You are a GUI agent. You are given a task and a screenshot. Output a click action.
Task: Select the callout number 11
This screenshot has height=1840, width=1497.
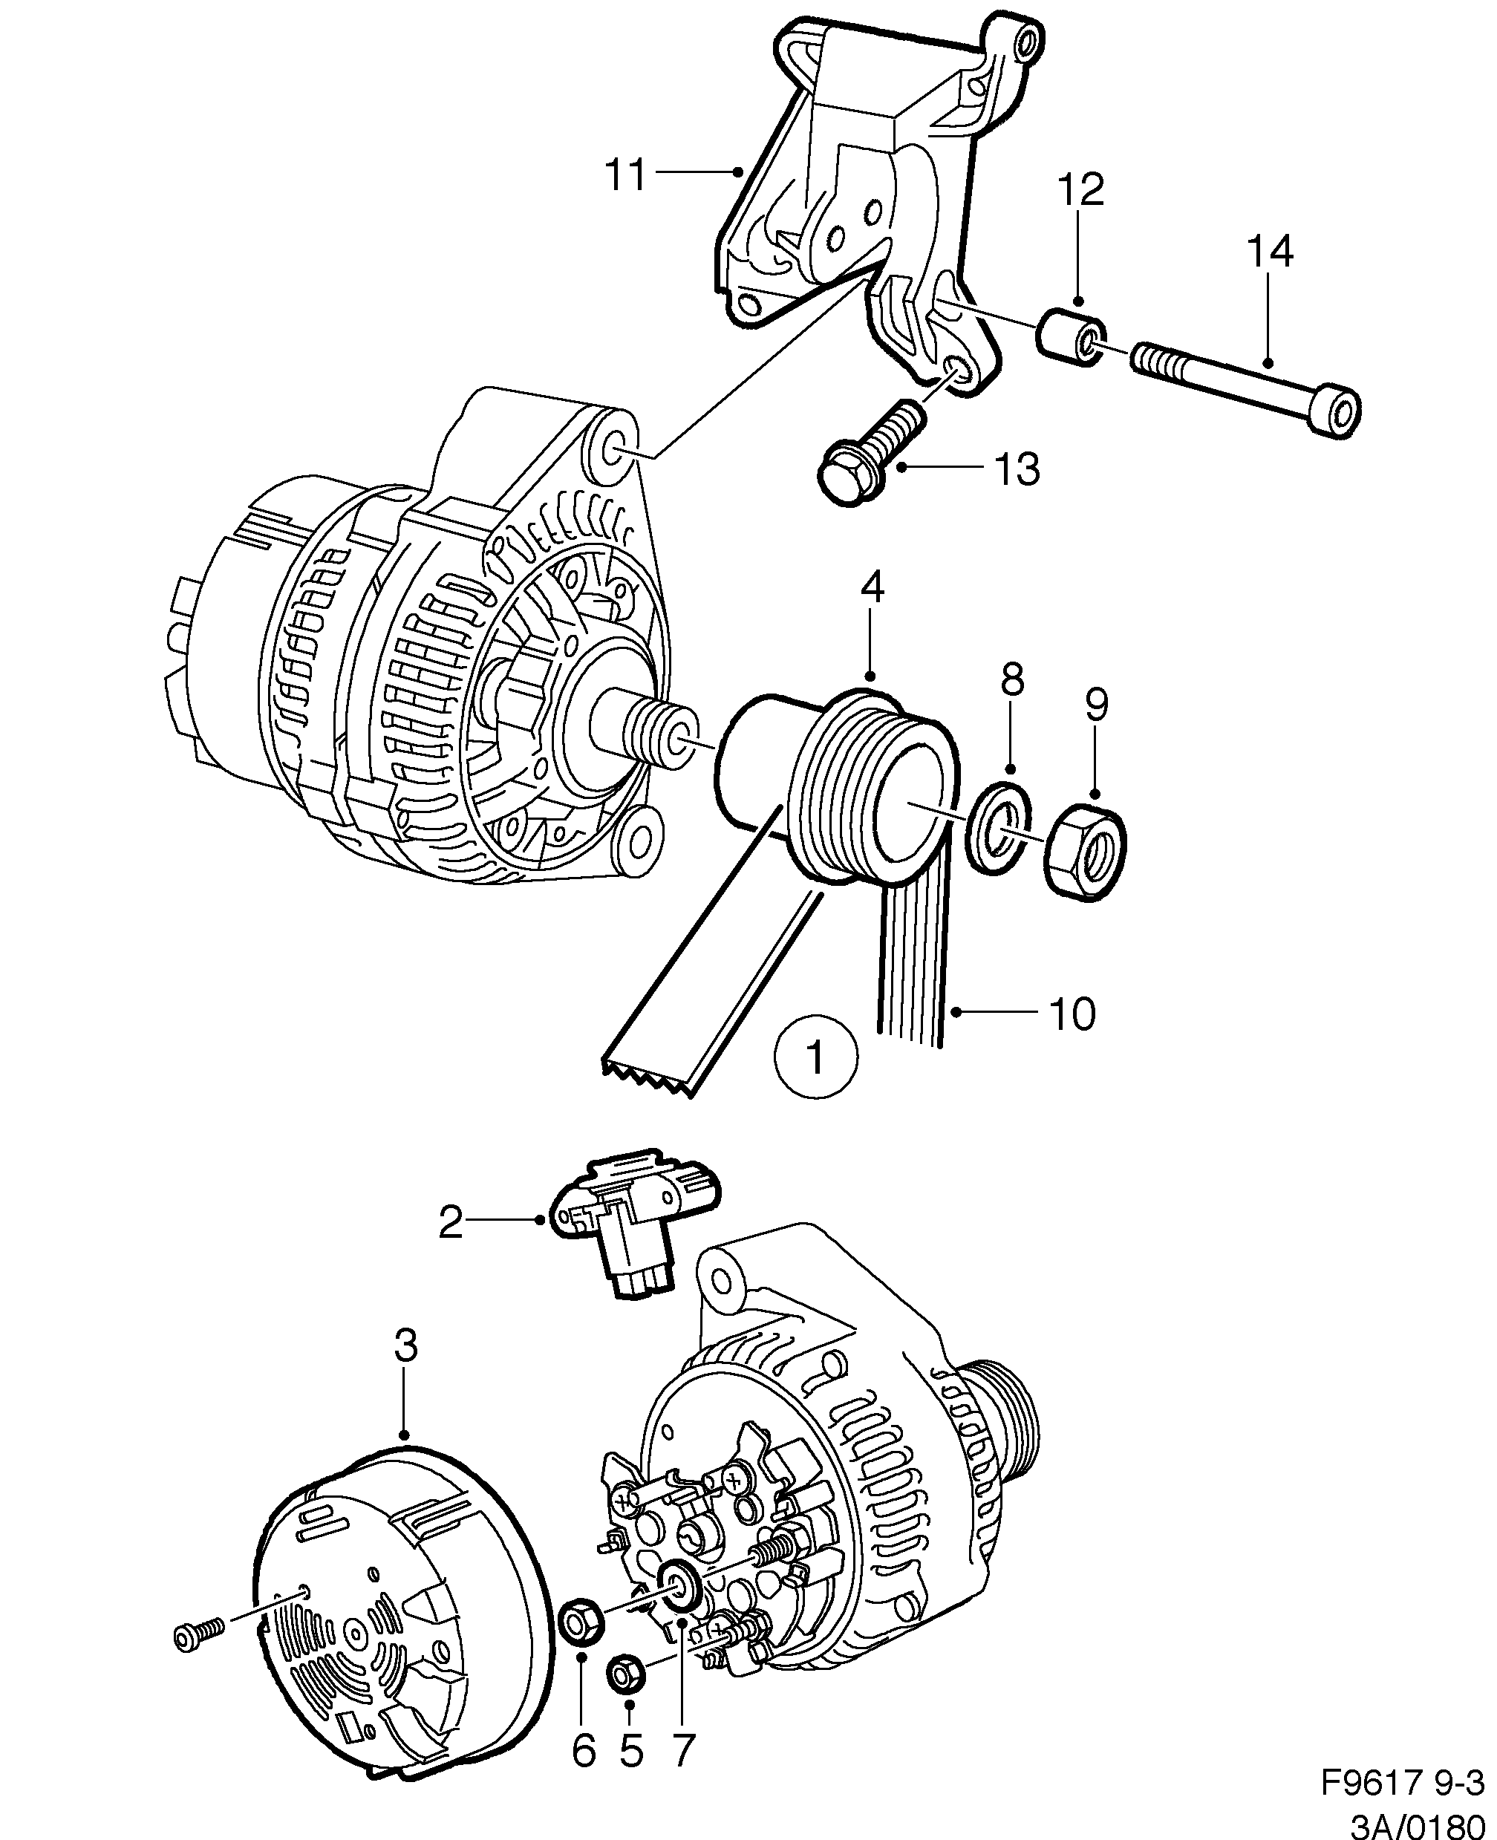(625, 175)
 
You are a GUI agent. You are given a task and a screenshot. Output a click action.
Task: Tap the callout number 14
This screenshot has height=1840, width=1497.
(1269, 252)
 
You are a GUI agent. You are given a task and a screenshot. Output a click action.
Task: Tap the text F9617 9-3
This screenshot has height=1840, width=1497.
(1402, 1781)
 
